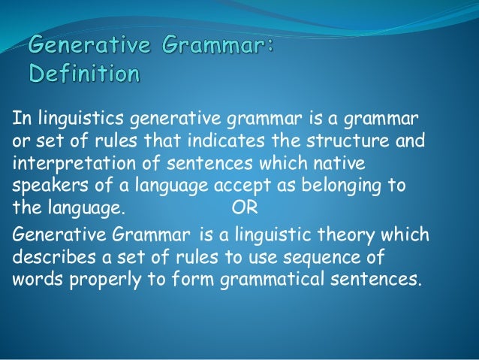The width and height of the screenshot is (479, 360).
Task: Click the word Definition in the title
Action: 83,76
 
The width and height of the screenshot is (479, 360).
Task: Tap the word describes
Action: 47,257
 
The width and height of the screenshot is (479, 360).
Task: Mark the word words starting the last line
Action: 35,280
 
